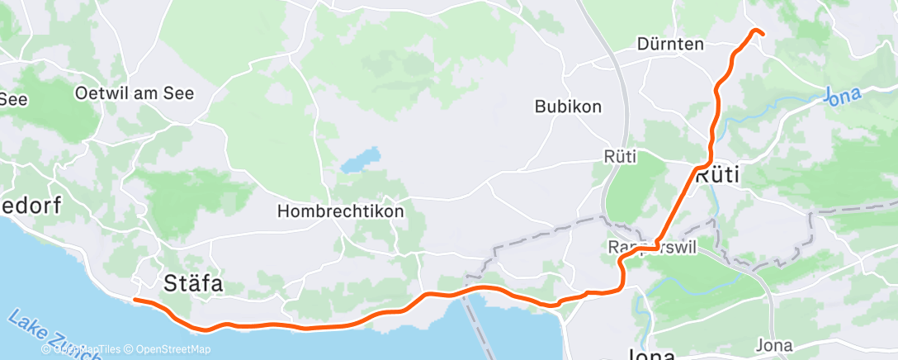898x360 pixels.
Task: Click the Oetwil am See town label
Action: click(x=135, y=93)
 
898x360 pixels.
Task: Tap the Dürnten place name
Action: click(x=670, y=45)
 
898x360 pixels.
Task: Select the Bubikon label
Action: click(x=568, y=107)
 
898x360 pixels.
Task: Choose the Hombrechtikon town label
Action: click(x=341, y=211)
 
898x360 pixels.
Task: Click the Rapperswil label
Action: click(x=652, y=247)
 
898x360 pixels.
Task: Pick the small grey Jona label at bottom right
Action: click(x=773, y=344)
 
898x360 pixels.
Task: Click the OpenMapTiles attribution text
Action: click(x=83, y=349)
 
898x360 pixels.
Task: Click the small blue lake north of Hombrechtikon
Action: click(x=362, y=159)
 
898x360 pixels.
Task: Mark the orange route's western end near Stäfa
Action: click(x=135, y=300)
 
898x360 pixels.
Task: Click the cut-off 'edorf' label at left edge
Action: click(x=31, y=206)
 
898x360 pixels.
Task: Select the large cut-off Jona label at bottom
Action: click(x=652, y=355)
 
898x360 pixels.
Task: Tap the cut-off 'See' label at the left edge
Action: click(x=13, y=99)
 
